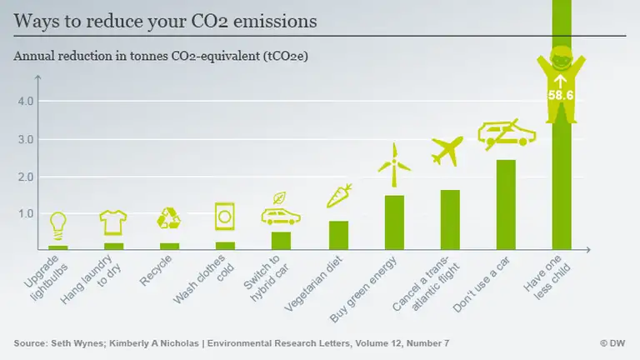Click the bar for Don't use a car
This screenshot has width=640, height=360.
506,205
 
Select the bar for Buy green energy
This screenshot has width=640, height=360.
394,222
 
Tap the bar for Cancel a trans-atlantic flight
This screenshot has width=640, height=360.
450,220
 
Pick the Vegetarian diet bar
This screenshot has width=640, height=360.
338,235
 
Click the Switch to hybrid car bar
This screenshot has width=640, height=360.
281,241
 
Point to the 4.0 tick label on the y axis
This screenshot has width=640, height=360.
26,102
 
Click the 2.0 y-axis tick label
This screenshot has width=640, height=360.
26,177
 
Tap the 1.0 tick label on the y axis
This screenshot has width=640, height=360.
26,213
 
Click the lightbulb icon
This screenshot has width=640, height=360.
57,224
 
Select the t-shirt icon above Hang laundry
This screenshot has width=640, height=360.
113,222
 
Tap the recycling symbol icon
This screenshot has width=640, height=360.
169,219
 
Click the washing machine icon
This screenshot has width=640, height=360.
225,217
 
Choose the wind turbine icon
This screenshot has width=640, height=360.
393,165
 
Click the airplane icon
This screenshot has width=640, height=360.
447,151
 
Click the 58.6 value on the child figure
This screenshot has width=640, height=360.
561,96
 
